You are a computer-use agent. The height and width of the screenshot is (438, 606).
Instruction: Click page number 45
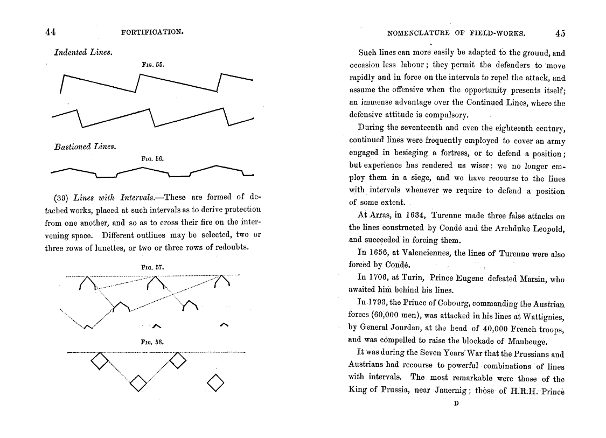pos(560,33)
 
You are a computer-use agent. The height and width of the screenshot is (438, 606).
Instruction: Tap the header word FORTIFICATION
pos(154,32)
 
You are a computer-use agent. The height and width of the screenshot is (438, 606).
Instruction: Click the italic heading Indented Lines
pos(82,53)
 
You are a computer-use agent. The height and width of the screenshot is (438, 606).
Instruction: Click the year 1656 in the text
pos(380,253)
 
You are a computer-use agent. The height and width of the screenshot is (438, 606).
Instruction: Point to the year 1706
pos(380,278)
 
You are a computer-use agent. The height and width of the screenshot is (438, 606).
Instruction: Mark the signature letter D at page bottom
pos(456,404)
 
